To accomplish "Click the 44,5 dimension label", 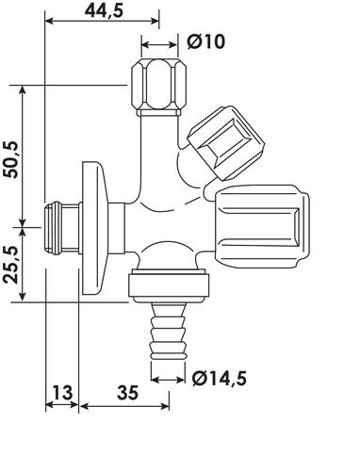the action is coord(105,11).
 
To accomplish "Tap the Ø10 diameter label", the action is coord(206,41).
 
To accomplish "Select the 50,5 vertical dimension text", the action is coord(11,159).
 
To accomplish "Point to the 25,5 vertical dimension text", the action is coord(11,265).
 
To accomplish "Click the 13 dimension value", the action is coord(62,393).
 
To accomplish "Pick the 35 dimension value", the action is coord(127,393).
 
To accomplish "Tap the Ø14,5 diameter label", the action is coord(220,378).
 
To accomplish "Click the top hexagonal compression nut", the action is coord(158,87).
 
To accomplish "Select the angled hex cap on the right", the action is coord(226,143).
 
